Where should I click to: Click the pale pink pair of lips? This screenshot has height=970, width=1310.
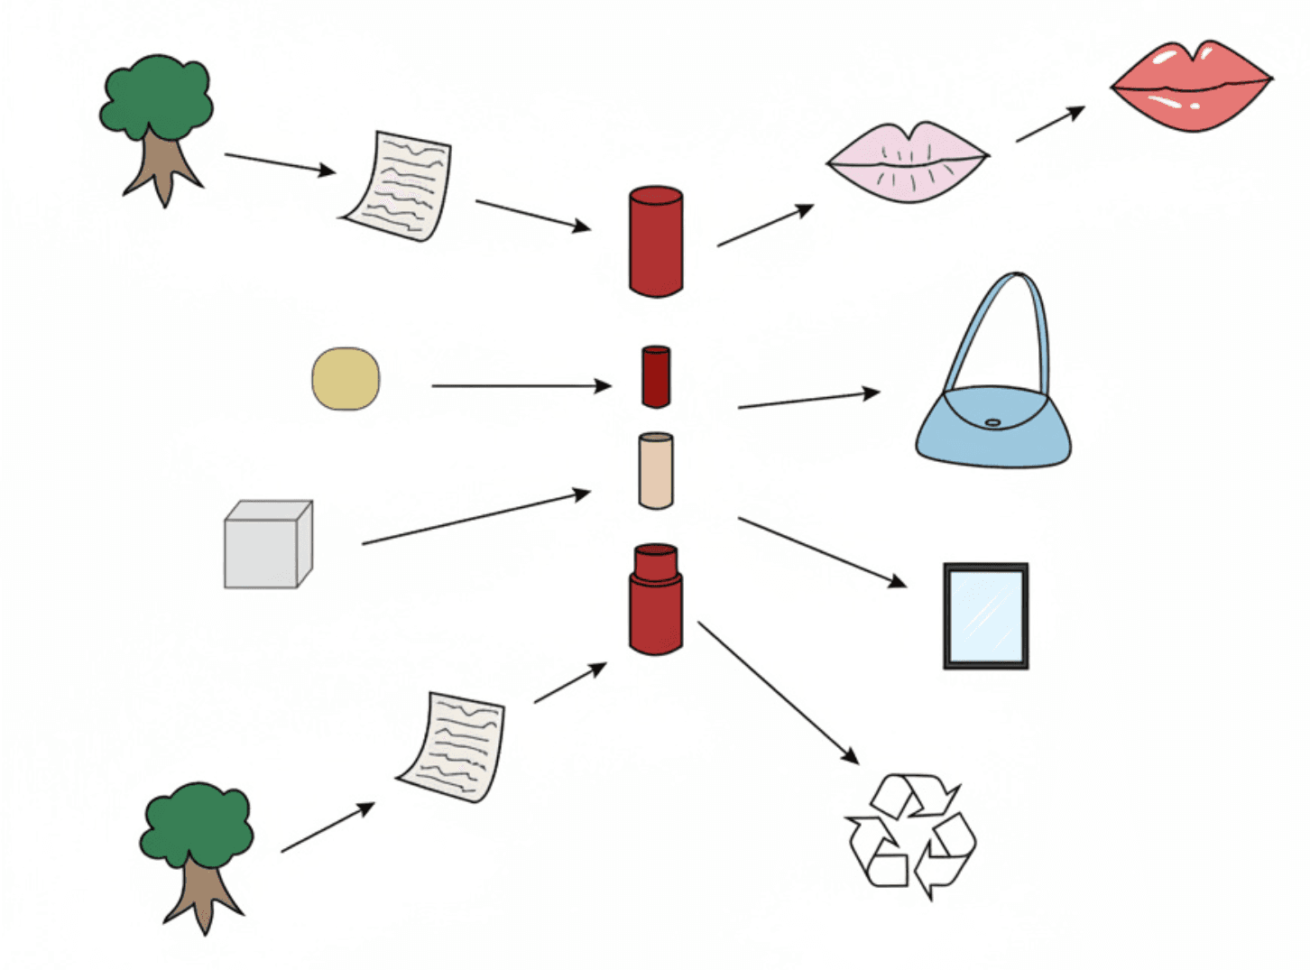(x=908, y=162)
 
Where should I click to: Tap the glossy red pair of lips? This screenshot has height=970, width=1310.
(x=1191, y=87)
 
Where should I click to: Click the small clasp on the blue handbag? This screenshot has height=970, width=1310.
(x=992, y=422)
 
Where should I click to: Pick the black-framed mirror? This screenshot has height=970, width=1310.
(x=985, y=616)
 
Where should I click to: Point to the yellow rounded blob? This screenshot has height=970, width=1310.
(x=346, y=379)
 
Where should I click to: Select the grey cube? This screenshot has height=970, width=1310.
(x=267, y=545)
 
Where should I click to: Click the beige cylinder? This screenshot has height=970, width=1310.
(x=656, y=471)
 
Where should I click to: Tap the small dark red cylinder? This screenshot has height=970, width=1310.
(x=656, y=376)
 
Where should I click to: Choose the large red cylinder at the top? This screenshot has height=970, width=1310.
(x=656, y=241)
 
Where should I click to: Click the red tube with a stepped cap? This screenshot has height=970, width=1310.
(x=656, y=600)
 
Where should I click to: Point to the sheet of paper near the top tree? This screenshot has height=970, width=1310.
(x=398, y=186)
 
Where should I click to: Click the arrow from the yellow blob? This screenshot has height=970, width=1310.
(x=521, y=386)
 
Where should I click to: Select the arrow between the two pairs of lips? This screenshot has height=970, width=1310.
(x=1050, y=124)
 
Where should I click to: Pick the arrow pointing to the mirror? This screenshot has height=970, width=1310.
(x=821, y=550)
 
